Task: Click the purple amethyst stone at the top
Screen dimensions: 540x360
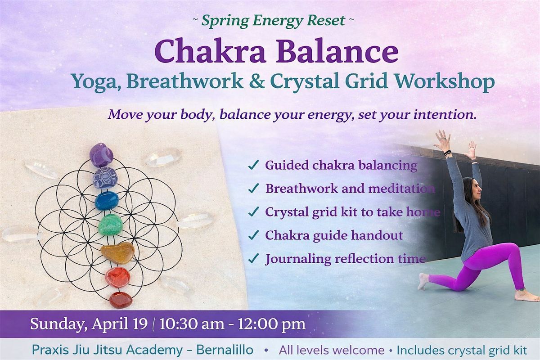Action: click(x=101, y=155)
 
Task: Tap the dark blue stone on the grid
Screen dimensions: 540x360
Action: click(x=107, y=201)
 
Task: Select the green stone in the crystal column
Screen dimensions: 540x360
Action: click(x=110, y=225)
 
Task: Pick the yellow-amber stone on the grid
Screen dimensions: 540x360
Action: click(x=117, y=253)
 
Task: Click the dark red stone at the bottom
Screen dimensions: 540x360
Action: click(x=121, y=300)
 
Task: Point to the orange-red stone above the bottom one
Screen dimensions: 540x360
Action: click(x=118, y=277)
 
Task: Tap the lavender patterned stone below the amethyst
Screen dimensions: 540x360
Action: click(x=105, y=178)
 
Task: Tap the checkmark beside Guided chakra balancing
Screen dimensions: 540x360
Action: click(x=254, y=166)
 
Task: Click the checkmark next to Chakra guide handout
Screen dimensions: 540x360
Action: click(x=254, y=235)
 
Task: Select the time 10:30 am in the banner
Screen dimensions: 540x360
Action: click(x=192, y=324)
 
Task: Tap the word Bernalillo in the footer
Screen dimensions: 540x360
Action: click(x=225, y=350)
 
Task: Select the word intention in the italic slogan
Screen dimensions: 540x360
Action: click(x=445, y=114)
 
